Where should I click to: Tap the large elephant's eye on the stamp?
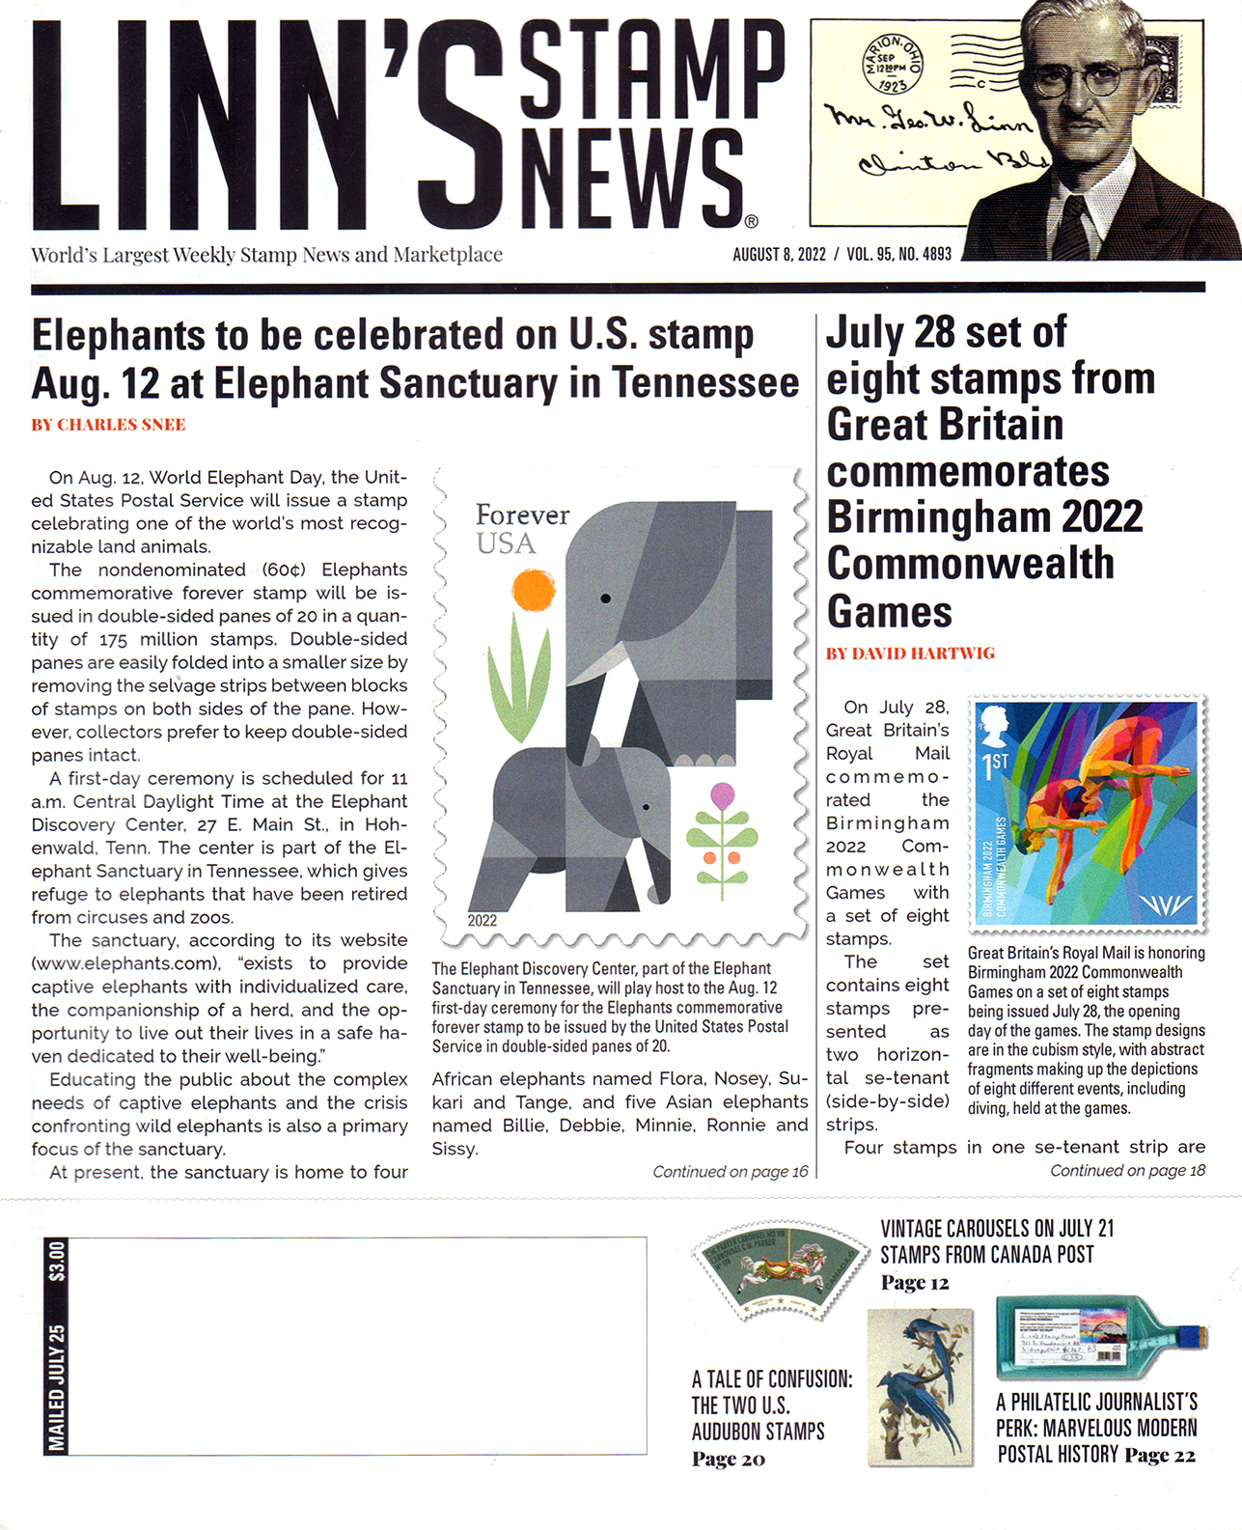[606, 598]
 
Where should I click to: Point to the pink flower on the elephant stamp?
[723, 796]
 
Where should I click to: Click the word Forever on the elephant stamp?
[522, 515]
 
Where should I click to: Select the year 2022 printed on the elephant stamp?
[483, 920]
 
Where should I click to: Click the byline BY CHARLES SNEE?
[108, 425]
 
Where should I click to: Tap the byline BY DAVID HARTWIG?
[910, 654]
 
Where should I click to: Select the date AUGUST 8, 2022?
[779, 254]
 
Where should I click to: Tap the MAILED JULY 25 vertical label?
[58, 1387]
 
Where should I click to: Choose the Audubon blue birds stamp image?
[919, 1387]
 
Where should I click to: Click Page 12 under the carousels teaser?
[914, 1283]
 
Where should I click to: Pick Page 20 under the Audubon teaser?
[728, 1459]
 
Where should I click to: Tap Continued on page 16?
[730, 1172]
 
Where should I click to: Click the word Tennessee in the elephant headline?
[705, 383]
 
